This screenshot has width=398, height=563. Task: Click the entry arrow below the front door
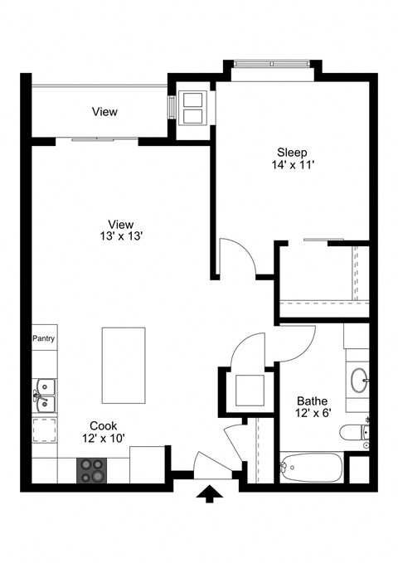click(x=211, y=494)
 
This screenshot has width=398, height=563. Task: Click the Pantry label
click(x=43, y=338)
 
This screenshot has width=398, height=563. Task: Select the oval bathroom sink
click(x=359, y=381)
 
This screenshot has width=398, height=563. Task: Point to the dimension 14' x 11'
click(x=292, y=166)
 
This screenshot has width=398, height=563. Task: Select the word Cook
click(x=104, y=425)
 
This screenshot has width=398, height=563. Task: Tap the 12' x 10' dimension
click(x=104, y=438)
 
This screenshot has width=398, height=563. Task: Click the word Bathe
click(x=311, y=400)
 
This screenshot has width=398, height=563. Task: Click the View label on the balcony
click(x=104, y=112)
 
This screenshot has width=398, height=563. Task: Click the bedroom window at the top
click(x=272, y=63)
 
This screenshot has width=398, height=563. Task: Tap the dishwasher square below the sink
click(x=45, y=431)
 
